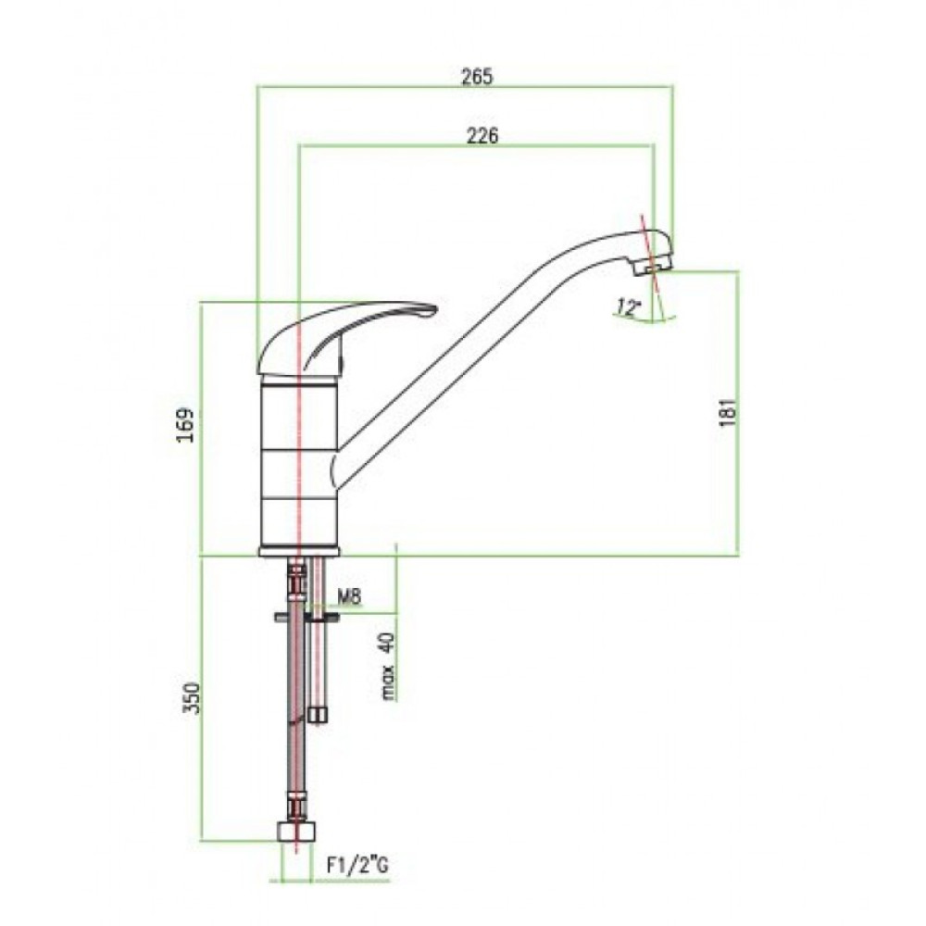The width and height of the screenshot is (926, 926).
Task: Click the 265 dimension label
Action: click(477, 77)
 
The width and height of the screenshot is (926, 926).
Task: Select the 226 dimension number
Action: click(482, 136)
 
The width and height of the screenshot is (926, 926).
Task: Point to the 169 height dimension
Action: click(187, 425)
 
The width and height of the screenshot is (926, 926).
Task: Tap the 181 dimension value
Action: click(730, 412)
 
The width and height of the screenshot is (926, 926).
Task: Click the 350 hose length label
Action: click(191, 698)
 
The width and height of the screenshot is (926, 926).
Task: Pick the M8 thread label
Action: click(349, 597)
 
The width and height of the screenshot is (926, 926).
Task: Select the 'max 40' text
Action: click(387, 666)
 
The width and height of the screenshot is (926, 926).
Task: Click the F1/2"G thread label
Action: click(358, 866)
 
